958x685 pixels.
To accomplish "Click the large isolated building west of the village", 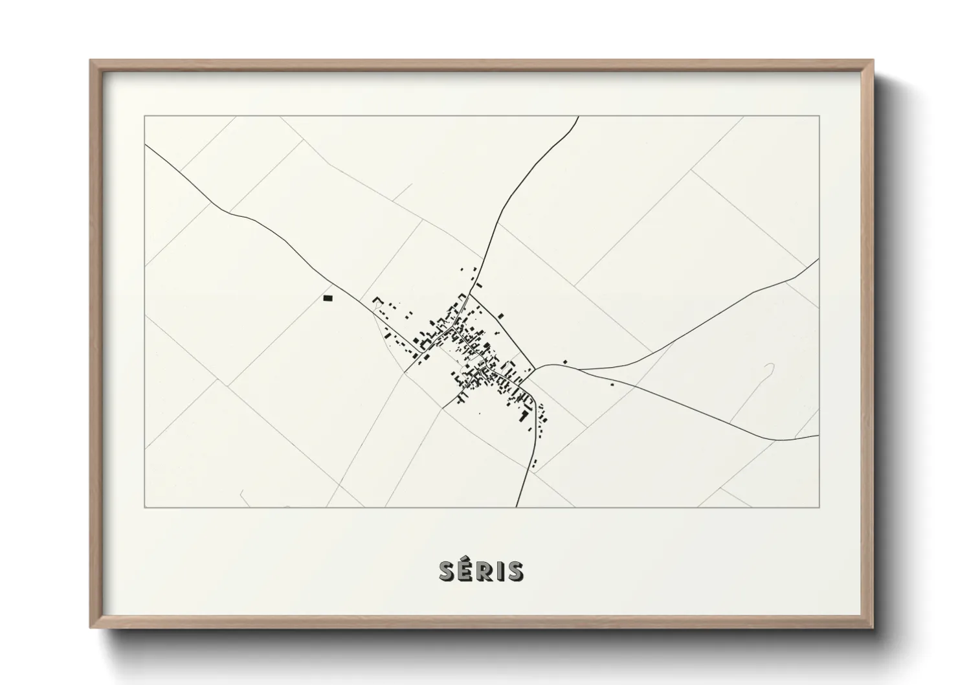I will pyautogui.click(x=328, y=298).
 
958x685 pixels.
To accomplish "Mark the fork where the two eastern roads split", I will pyautogui.click(x=578, y=369).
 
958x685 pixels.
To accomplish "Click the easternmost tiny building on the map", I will pyautogui.click(x=612, y=385).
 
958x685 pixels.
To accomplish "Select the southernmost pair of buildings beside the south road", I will pyautogui.click(x=534, y=462).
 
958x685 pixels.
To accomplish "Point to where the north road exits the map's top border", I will pyautogui.click(x=577, y=117).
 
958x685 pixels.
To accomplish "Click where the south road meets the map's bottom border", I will pyautogui.click(x=517, y=507).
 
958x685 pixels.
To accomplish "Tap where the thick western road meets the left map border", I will pyautogui.click(x=145, y=145).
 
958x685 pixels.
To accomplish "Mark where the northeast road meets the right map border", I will pyautogui.click(x=819, y=259).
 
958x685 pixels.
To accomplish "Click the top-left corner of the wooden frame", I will pyautogui.click(x=91, y=61).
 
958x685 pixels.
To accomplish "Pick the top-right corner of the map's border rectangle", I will pyautogui.click(x=819, y=116).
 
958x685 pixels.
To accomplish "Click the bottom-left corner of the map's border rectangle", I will pyautogui.click(x=145, y=507).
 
